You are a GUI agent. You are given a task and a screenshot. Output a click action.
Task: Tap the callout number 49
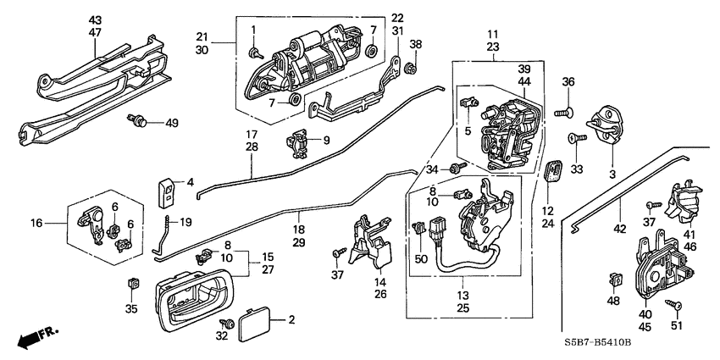click(172, 123)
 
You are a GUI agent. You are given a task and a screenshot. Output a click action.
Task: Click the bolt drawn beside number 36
click(570, 108)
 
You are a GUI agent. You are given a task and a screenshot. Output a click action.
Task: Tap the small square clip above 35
click(131, 282)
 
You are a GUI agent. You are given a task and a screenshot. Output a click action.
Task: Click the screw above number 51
click(675, 304)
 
